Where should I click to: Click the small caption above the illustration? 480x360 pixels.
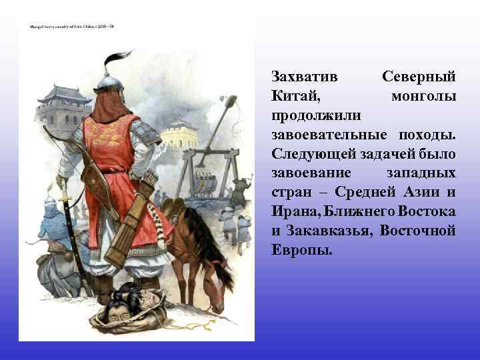[73, 27]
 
